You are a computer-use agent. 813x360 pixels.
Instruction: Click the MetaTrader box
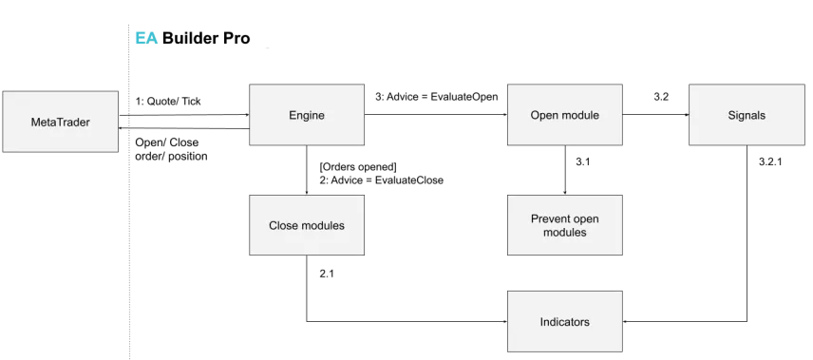[60, 122]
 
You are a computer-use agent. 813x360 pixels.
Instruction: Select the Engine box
[306, 116]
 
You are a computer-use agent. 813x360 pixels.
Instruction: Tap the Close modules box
[306, 225]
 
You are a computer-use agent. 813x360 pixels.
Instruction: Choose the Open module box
[564, 116]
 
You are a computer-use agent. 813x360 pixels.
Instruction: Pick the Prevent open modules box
[564, 225]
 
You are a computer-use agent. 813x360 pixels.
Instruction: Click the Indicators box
[564, 322]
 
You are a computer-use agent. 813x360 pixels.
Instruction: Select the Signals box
[747, 116]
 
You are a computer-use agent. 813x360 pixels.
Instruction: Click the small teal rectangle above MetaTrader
[146, 38]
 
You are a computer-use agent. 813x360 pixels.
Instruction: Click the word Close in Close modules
[285, 225]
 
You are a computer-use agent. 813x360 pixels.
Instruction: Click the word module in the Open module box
[580, 116]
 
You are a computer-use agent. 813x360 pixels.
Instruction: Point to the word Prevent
[551, 219]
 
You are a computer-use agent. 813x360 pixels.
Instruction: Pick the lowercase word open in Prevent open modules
[585, 219]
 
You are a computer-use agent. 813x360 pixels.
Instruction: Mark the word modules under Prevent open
[564, 233]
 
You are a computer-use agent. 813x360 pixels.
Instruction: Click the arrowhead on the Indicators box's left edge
[504, 322]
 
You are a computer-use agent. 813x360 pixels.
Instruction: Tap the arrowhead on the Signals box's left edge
[686, 115]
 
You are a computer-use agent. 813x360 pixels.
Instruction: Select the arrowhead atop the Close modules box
[306, 192]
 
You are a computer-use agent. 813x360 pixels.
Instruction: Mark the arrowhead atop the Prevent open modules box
[565, 192]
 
